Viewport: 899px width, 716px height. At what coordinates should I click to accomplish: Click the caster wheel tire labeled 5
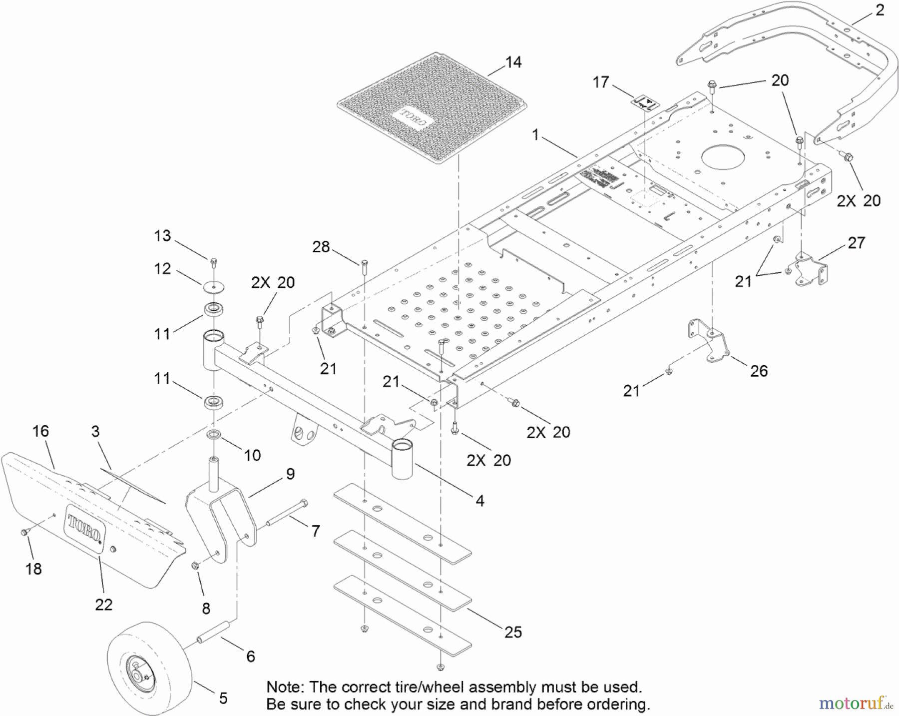pos(150,662)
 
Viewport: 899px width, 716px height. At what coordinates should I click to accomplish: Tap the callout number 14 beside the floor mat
pos(513,62)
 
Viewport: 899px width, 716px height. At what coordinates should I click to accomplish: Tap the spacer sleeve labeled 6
pos(215,633)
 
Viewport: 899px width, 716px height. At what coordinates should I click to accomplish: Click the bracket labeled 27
pos(812,270)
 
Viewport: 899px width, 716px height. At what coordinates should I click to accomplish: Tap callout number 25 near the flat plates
pos(513,632)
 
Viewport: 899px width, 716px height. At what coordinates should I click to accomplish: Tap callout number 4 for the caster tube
pos(480,501)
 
